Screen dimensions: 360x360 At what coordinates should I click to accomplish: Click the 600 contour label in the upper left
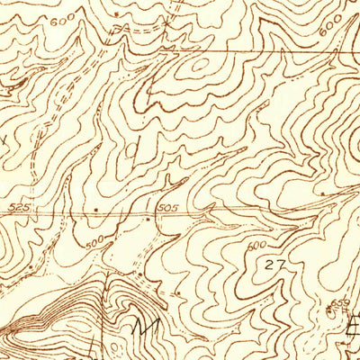62,19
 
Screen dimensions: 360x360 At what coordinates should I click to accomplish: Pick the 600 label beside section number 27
258,243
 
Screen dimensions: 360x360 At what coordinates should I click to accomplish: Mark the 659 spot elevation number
338,301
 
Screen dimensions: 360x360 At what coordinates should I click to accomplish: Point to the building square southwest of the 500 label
31,267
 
